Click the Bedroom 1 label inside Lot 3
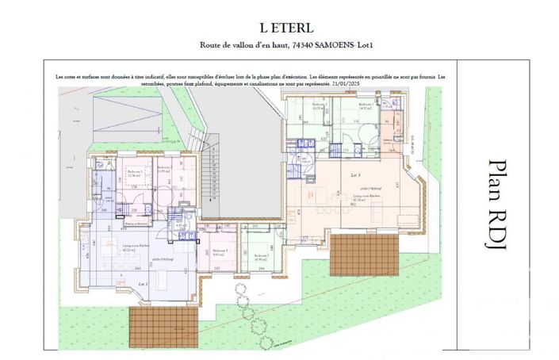tap(366, 106)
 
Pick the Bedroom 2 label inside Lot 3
tap(319, 106)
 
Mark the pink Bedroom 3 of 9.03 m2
tap(220, 252)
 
